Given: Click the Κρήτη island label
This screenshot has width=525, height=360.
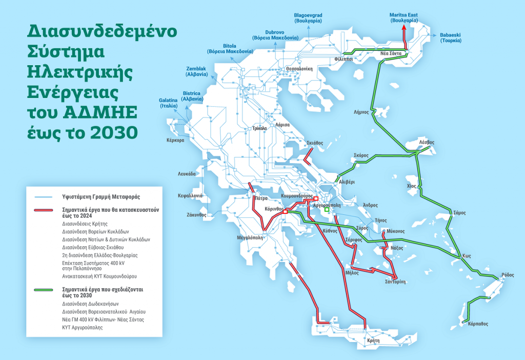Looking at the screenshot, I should coord(374,341).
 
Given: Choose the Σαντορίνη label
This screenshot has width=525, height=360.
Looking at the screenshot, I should coord(396,282).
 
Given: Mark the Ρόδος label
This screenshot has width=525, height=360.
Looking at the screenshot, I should coord(508,275).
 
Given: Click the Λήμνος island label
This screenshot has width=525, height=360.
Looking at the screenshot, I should coord(361,112).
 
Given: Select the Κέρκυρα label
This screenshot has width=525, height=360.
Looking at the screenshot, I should coord(175,140).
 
